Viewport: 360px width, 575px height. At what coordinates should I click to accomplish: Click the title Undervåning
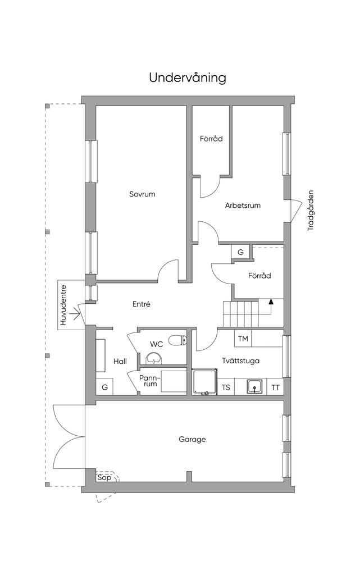(x=188, y=78)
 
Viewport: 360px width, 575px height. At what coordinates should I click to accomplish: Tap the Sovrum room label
(x=142, y=194)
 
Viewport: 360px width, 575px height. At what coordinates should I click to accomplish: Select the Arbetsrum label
(x=243, y=206)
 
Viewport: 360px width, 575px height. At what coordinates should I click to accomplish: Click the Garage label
(x=192, y=439)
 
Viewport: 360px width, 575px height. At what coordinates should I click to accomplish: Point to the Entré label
(x=142, y=304)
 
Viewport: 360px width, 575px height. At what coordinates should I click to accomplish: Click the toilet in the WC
(x=178, y=341)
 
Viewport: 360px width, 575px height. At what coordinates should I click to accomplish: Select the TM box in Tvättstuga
(x=243, y=339)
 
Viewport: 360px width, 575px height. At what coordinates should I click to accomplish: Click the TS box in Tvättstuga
(x=226, y=387)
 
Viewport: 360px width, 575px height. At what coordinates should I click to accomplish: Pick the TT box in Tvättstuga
(x=275, y=387)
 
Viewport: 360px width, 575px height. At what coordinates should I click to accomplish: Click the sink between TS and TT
(x=254, y=386)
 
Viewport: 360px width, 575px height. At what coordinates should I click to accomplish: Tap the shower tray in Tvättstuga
(x=205, y=382)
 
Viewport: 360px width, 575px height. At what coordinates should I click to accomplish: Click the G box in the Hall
(x=104, y=387)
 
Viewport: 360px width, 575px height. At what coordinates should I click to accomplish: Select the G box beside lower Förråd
(x=240, y=252)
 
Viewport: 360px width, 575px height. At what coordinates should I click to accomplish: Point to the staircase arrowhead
(x=271, y=302)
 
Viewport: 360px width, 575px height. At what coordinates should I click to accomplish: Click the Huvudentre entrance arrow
(x=75, y=314)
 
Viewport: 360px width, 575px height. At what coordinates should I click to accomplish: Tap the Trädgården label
(x=311, y=210)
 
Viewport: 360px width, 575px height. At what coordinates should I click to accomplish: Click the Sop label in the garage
(x=104, y=477)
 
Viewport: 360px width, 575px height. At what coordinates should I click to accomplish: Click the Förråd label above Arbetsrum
(x=212, y=139)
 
